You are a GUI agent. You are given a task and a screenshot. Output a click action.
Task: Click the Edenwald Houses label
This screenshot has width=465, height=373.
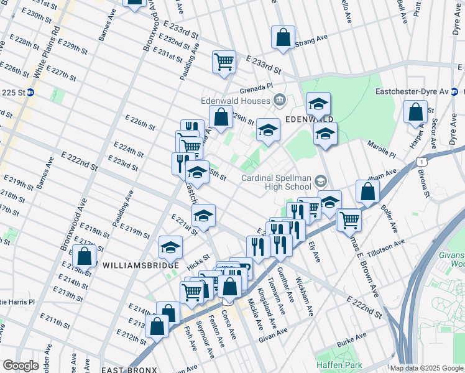click(234, 101)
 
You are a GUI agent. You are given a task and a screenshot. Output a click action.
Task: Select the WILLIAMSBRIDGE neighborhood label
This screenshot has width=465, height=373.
click(134, 265)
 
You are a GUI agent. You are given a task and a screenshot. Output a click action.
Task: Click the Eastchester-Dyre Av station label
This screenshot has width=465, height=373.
click(412, 91)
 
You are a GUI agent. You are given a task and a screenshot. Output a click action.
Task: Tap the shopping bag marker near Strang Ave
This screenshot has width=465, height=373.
click(283, 37)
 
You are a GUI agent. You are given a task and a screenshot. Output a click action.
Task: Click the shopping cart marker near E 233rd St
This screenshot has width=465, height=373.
click(224, 62)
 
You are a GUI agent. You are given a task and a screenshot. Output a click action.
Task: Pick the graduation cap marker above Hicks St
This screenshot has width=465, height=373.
click(170, 247)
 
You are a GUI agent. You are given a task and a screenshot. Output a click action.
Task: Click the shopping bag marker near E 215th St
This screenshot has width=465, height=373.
click(84, 256)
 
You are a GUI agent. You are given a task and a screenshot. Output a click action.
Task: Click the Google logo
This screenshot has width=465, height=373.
click(21, 366)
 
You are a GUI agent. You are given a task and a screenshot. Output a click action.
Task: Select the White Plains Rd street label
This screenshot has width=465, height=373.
click(47, 52)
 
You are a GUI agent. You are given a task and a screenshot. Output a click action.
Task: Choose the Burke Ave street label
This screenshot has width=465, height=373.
click(348, 343)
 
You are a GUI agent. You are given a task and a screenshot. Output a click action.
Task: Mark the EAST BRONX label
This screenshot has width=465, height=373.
click(127, 369)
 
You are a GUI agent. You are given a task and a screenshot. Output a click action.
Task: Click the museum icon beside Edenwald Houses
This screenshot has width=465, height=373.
click(280, 100)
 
